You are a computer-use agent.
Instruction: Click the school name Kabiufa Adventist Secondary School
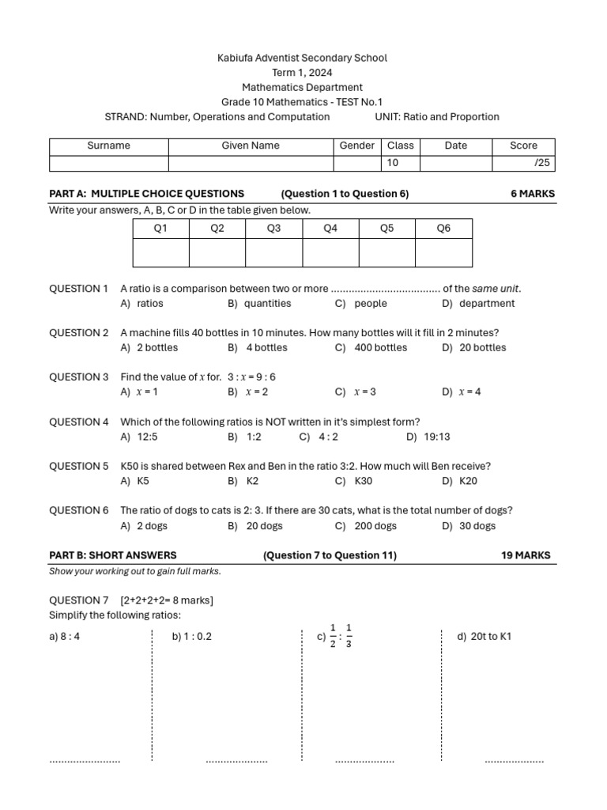pyautogui.click(x=303, y=58)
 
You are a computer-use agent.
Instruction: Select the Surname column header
pyautogui.click(x=109, y=146)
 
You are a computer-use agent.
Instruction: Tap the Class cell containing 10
pyautogui.click(x=400, y=163)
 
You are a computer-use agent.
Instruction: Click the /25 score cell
pyautogui.click(x=523, y=163)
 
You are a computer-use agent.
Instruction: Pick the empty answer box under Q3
pyautogui.click(x=273, y=252)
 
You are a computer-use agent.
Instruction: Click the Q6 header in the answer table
pyautogui.click(x=443, y=229)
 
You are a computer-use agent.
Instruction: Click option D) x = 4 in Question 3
pyautogui.click(x=462, y=392)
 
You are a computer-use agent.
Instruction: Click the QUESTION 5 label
pyautogui.click(x=79, y=466)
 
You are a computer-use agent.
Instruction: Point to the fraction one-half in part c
pyautogui.click(x=333, y=635)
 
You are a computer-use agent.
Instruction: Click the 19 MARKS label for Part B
pyautogui.click(x=526, y=555)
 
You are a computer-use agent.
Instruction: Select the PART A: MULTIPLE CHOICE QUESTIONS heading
pyautogui.click(x=147, y=193)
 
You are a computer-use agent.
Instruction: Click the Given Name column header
pyautogui.click(x=251, y=146)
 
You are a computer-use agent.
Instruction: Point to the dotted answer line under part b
pyautogui.click(x=236, y=762)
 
